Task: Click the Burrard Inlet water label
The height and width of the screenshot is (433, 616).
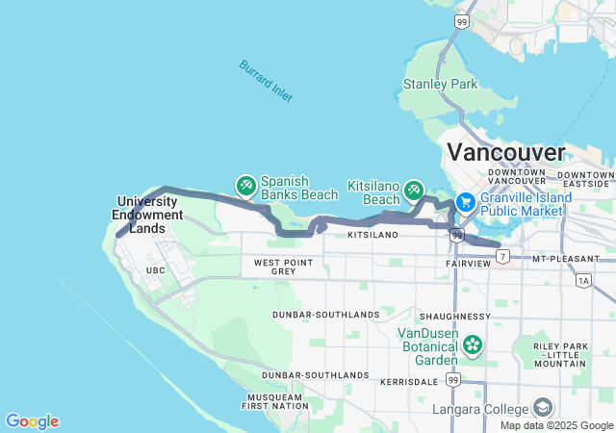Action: click(266, 82)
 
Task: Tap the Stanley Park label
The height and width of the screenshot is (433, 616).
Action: click(441, 85)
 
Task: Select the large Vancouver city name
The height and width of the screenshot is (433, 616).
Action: click(506, 152)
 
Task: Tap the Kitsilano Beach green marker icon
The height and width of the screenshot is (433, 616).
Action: click(415, 190)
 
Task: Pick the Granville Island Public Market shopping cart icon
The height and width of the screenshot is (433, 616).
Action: click(465, 202)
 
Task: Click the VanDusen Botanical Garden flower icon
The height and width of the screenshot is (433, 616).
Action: click(472, 344)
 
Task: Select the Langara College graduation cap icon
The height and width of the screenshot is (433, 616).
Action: click(543, 408)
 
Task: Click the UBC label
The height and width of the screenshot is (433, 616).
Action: click(155, 270)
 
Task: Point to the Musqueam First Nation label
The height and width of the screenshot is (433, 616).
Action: click(274, 401)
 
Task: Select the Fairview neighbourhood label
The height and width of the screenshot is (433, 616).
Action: click(468, 263)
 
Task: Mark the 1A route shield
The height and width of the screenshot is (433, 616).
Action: click(584, 281)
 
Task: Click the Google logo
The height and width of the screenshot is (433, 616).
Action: click(32, 421)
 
